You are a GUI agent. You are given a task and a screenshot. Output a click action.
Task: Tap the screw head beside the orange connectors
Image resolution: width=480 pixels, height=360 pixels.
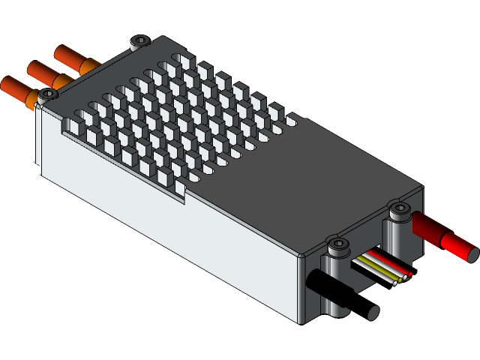pos(48,94)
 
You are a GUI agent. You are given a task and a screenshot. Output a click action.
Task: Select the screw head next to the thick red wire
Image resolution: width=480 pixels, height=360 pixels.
pos(400,207)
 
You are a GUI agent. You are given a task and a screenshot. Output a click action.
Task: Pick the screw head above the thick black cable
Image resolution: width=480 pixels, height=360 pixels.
pos(339,244)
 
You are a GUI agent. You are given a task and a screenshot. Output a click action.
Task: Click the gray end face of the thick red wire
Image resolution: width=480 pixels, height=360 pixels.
pos(472,253)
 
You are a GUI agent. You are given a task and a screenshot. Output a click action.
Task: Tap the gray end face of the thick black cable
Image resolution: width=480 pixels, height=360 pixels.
pos(372,313)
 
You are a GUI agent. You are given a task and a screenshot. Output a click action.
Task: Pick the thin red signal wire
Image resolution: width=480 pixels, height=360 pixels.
pos(390,265)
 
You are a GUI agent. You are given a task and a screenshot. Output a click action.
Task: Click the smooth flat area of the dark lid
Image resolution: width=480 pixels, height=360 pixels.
pos(315,187)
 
